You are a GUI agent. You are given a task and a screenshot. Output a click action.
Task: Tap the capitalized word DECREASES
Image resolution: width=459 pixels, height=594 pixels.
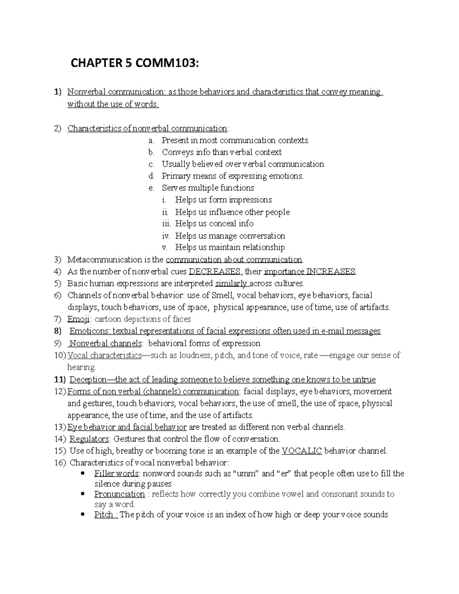[x=215, y=272]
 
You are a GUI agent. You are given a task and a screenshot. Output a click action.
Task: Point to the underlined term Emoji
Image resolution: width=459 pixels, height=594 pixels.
[x=78, y=319]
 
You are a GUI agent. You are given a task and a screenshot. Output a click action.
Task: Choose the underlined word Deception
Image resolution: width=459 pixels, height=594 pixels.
[x=88, y=379]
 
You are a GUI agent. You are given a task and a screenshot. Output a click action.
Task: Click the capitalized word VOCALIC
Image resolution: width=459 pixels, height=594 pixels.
[x=301, y=451]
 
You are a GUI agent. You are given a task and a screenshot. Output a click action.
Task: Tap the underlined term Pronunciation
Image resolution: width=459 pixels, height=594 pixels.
[x=119, y=494]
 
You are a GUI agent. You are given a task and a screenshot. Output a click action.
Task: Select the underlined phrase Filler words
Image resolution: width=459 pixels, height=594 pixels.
[x=116, y=474]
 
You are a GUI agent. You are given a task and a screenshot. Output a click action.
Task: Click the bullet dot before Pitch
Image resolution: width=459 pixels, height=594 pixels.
[x=83, y=514]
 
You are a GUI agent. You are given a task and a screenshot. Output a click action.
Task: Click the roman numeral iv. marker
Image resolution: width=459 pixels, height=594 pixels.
[x=166, y=236]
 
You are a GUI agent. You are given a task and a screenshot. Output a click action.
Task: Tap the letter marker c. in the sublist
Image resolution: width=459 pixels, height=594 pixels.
[x=151, y=164]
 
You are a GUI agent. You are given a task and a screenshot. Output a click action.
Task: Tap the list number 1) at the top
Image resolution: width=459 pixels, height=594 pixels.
[x=58, y=92]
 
